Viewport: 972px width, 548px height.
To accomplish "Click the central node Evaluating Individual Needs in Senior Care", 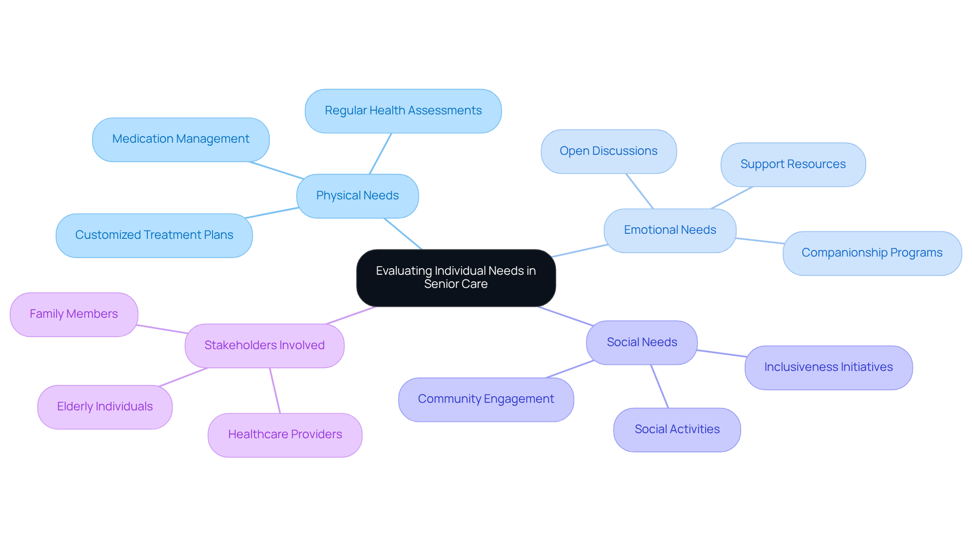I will [x=456, y=277].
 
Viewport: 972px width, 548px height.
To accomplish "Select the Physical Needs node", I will [x=357, y=196].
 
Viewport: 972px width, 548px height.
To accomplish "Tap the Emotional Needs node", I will [x=669, y=230].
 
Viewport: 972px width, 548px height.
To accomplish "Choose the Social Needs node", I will [x=641, y=343].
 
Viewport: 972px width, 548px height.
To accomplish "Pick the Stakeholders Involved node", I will [x=264, y=346].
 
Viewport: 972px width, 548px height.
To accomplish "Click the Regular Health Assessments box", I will [x=403, y=111].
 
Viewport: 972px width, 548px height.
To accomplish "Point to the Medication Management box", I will [x=181, y=139].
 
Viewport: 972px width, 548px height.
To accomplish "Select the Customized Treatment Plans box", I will [x=154, y=235].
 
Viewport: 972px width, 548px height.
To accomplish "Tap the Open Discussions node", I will [x=608, y=151].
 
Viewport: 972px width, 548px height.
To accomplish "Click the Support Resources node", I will [x=793, y=164].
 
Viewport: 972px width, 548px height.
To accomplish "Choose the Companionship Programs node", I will [x=872, y=253].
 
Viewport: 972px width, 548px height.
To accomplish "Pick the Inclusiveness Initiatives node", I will [x=828, y=367].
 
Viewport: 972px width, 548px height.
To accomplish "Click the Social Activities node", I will [x=677, y=430].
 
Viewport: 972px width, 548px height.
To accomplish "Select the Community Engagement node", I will [x=486, y=399].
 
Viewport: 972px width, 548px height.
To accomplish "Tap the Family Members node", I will [x=74, y=314].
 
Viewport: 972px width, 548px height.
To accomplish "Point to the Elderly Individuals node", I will [x=105, y=407].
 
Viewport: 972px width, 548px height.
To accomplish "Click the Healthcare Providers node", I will [x=285, y=435].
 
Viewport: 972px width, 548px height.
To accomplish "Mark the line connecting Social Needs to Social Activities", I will [x=660, y=386].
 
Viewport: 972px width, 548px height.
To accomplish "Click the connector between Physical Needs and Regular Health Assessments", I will [x=380, y=154].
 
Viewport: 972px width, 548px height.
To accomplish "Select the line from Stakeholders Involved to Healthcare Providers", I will [x=275, y=390].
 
